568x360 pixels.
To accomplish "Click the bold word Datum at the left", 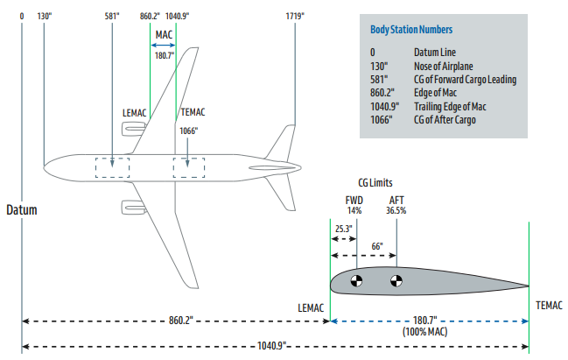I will tap(24, 210).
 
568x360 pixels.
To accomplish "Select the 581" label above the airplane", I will tap(111, 16).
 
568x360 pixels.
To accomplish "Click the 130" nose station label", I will tap(46, 16).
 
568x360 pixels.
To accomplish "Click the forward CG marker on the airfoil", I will tap(356, 281).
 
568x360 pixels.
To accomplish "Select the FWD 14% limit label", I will tap(354, 205).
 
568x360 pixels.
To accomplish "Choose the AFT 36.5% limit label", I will tap(396, 205).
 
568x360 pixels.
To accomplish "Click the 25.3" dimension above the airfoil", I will tap(343, 229).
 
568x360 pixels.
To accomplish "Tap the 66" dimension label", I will tap(377, 246).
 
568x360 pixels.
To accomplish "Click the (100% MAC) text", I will tap(426, 333).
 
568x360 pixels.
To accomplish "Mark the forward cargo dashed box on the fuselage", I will tap(112, 166).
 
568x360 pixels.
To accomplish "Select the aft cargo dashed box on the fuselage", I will tap(188, 166).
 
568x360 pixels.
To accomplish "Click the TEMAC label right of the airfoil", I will tap(549, 305).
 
